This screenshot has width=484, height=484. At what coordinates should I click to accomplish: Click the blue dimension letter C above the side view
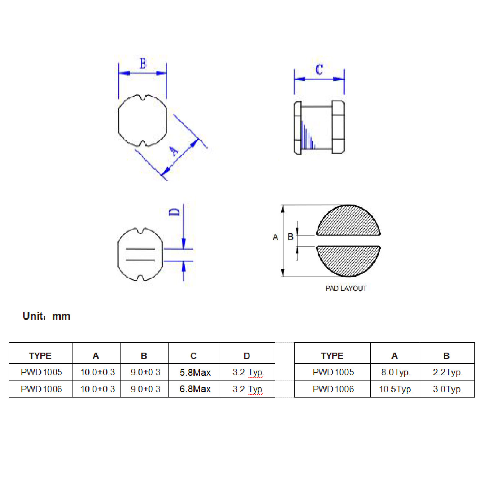319,70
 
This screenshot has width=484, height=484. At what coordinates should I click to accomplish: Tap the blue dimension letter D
174,212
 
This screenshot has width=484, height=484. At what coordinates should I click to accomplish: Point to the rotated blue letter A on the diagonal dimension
174,151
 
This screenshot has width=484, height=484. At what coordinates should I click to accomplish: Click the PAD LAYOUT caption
346,288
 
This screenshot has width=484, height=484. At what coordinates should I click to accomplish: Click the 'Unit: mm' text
46,316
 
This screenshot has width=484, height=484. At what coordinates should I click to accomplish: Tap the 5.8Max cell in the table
195,372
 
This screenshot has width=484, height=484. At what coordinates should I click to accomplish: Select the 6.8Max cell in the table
195,389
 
